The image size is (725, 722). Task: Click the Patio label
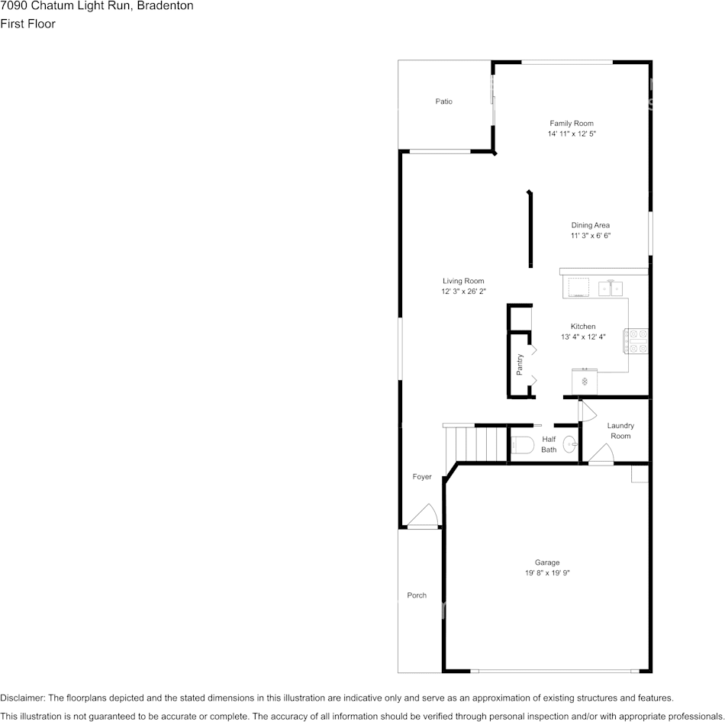point(444,102)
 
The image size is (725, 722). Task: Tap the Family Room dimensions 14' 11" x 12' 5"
point(572,134)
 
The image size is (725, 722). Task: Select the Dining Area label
point(591,225)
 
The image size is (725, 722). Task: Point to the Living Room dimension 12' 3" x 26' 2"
point(464,292)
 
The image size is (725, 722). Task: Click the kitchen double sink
point(611,288)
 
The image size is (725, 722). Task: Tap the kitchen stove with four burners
point(636,341)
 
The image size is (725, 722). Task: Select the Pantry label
point(520,365)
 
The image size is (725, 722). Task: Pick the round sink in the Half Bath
point(570,444)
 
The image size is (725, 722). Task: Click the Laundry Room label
point(620,430)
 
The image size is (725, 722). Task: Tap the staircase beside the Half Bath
point(476,443)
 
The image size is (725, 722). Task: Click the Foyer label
point(422,477)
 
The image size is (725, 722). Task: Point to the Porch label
point(417,595)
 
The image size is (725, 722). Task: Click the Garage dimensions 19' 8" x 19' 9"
point(547,573)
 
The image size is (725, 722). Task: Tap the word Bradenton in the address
point(165,6)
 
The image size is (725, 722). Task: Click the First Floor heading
point(27,24)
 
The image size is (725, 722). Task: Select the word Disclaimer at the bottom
point(22,698)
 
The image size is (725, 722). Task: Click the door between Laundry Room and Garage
point(601,454)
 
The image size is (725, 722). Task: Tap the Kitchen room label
point(583,327)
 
